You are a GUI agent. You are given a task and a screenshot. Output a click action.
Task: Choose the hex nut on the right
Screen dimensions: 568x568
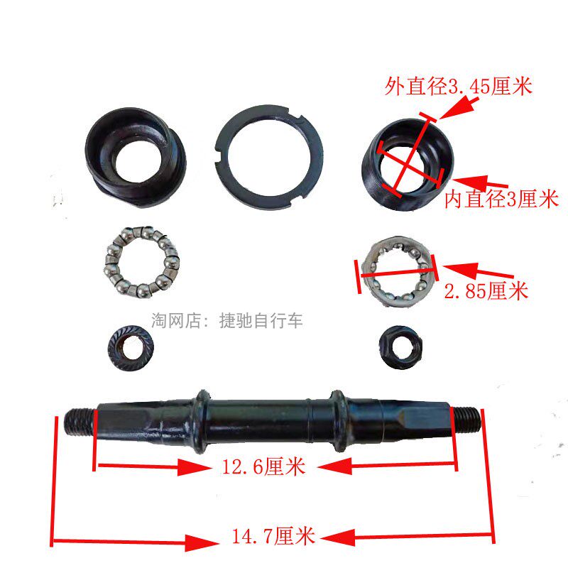click(x=385, y=348)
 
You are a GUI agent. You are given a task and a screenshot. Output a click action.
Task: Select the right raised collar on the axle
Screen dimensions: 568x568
click(x=338, y=420)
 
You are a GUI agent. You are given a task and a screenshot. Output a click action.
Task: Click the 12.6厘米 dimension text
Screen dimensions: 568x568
click(x=263, y=466)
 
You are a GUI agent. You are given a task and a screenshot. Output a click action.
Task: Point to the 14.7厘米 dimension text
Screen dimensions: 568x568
click(x=273, y=536)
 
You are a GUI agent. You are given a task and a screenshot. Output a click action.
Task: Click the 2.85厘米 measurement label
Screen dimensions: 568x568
click(x=486, y=290)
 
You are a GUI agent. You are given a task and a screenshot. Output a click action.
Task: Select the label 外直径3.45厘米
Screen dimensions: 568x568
click(x=459, y=86)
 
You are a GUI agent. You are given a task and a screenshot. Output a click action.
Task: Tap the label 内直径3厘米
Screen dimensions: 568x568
click(x=502, y=199)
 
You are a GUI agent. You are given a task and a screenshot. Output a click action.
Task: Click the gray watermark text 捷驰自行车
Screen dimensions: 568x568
click(x=261, y=321)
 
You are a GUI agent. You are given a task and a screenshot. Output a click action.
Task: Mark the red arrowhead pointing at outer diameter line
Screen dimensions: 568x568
click(x=453, y=110)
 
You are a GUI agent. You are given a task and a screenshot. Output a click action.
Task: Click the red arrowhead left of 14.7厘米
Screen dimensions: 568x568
click(x=201, y=542)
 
